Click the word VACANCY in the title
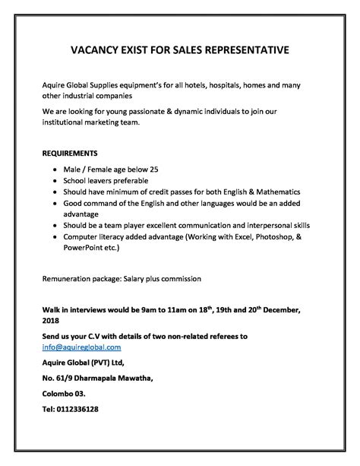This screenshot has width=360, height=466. click(73, 51)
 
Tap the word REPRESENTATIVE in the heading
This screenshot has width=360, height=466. click(246, 51)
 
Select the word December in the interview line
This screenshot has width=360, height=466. click(287, 309)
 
